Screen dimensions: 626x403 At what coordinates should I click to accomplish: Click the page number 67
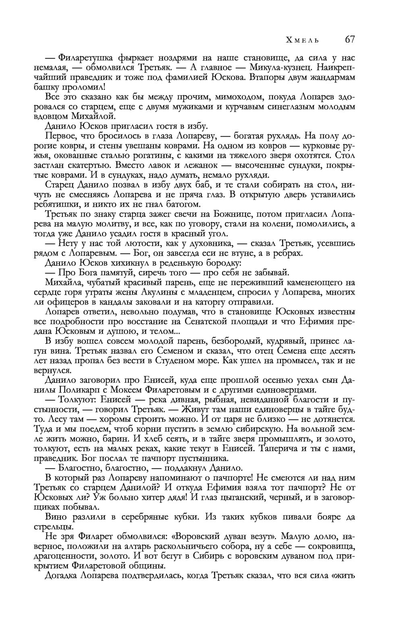tap(349, 40)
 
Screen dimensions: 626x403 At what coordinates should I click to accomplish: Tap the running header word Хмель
tap(303, 40)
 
